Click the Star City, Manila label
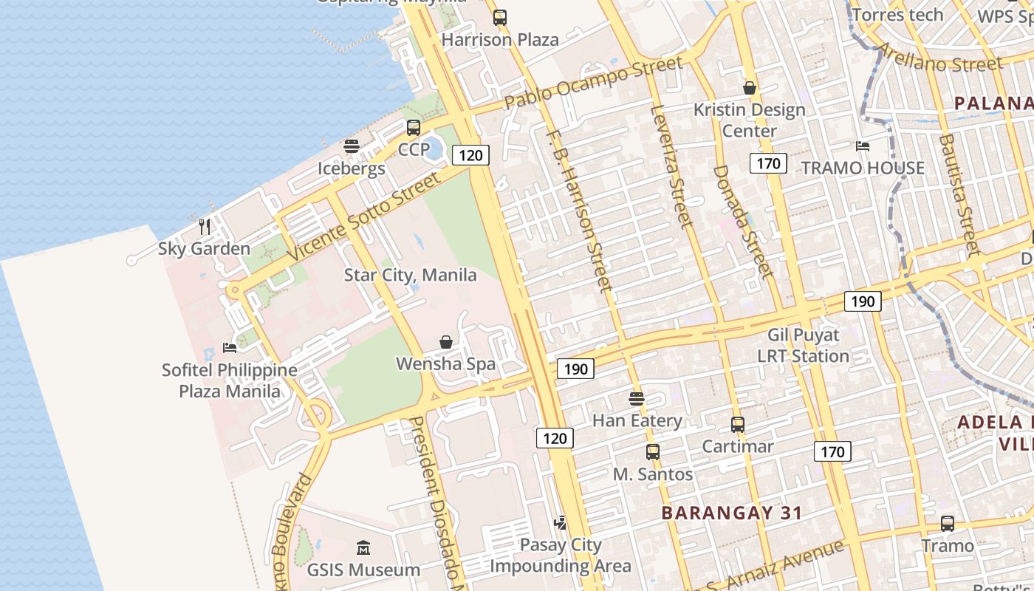[410, 276]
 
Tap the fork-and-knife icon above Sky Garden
[205, 226]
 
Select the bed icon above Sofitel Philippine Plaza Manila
[230, 347]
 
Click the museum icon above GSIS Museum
[363, 548]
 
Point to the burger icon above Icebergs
[352, 146]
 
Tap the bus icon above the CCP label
[414, 127]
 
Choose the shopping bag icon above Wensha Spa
[446, 342]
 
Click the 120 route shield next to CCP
[470, 155]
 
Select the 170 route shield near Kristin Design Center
[768, 163]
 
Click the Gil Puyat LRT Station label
[803, 346]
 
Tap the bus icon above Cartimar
[737, 425]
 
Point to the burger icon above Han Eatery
[637, 399]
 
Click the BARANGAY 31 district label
[731, 513]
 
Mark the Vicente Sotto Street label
[362, 216]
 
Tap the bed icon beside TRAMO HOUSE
[862, 146]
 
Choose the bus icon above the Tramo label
[947, 524]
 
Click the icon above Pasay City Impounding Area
[561, 523]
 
